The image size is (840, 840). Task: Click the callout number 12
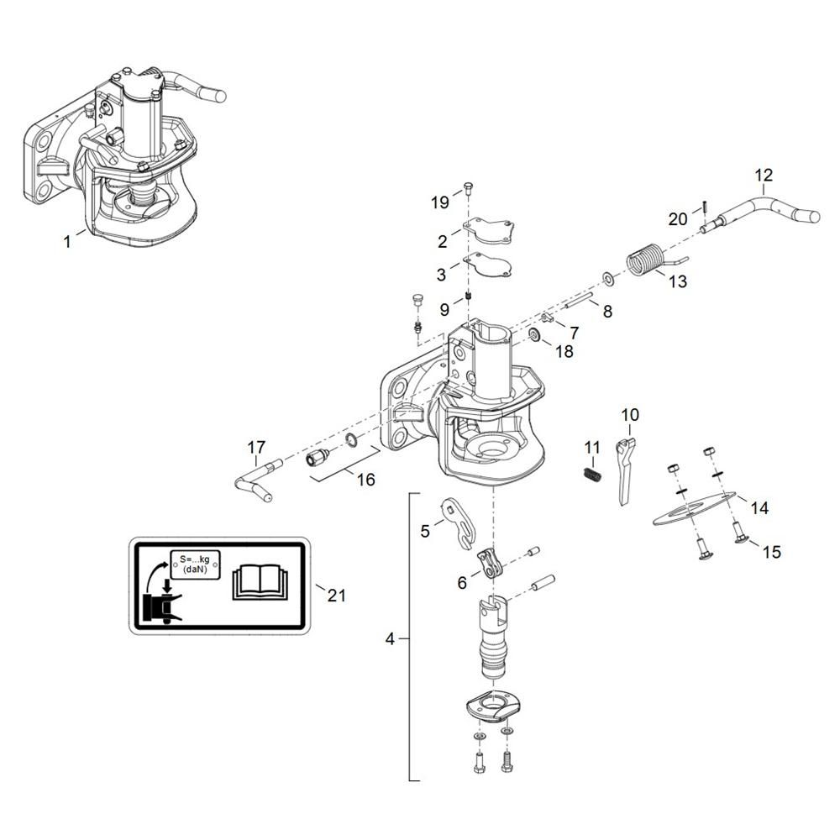pyautogui.click(x=764, y=176)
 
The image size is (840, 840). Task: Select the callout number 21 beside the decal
pyautogui.click(x=336, y=596)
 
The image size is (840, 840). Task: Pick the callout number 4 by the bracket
pyautogui.click(x=390, y=639)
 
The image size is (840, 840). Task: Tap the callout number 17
pyautogui.click(x=255, y=446)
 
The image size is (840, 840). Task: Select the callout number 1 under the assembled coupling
pyautogui.click(x=67, y=242)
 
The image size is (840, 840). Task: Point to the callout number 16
pyautogui.click(x=365, y=480)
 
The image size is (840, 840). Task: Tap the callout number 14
pyautogui.click(x=759, y=508)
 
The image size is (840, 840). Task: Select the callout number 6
pyautogui.click(x=462, y=582)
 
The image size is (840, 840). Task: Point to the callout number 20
pyautogui.click(x=678, y=220)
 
